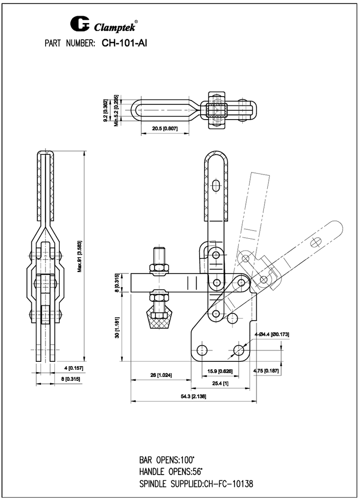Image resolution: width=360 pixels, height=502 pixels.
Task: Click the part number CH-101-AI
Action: coord(125,43)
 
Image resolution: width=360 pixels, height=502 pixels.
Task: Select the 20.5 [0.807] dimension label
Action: coord(164,128)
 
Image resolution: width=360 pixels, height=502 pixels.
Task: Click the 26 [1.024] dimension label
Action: coord(160,375)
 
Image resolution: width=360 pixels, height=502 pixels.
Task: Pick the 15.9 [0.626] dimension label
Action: coord(219,371)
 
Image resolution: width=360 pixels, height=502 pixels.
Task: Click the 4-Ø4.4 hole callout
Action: coord(271,334)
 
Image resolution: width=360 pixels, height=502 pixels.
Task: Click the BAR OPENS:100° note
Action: coord(167,460)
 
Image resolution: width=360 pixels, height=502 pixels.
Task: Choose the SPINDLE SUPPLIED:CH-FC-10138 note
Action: coord(196,484)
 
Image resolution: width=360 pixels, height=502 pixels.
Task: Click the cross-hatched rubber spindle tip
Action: coord(162,317)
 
